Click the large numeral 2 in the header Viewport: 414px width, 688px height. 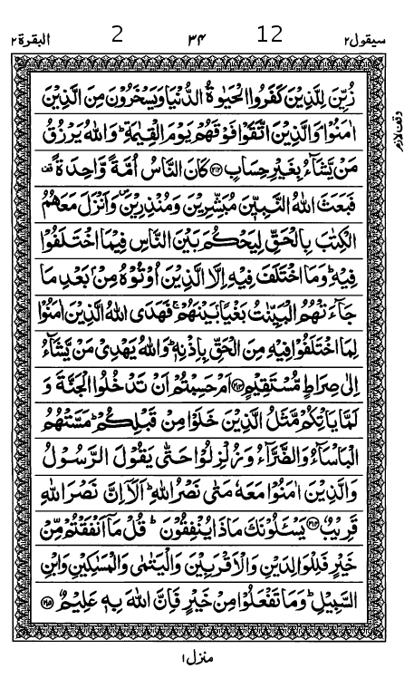pos(117,35)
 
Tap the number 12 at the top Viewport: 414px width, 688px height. pos(270,35)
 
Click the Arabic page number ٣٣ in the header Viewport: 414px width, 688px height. pos(196,37)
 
